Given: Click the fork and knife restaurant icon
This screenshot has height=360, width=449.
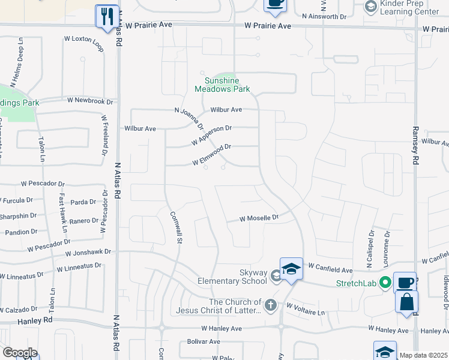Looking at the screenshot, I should pyautogui.click(x=107, y=16).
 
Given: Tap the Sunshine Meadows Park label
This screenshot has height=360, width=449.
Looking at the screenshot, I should pyautogui.click(x=222, y=85).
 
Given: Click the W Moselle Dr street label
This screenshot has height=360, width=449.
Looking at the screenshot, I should pyautogui.click(x=260, y=218).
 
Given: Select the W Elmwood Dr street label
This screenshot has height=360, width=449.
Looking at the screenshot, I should pyautogui.click(x=211, y=155).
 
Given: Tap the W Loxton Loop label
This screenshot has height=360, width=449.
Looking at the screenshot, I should pyautogui.click(x=84, y=43).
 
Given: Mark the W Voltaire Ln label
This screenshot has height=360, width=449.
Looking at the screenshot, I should pyautogui.click(x=306, y=309).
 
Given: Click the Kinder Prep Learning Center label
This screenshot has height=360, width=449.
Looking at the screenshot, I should pyautogui.click(x=410, y=7).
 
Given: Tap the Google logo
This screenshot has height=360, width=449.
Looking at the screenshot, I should pyautogui.click(x=20, y=353).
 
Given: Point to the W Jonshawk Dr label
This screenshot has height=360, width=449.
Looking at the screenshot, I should pyautogui.click(x=88, y=253).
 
